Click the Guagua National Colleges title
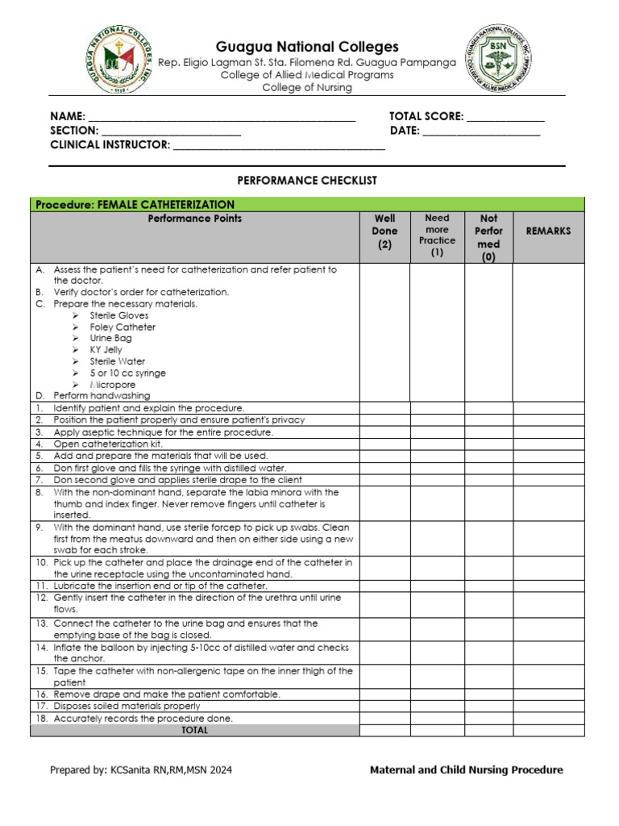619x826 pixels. (307, 47)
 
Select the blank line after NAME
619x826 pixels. (222, 117)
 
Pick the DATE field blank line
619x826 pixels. (481, 131)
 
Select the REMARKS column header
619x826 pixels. (548, 231)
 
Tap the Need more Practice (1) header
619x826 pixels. (437, 235)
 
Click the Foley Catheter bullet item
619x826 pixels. (123, 327)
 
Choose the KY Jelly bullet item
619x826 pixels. (106, 350)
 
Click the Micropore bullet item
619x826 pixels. (113, 385)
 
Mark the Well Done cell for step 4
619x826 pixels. (384, 444)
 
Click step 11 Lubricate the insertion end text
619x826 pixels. (160, 585)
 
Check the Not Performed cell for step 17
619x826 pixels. (488, 706)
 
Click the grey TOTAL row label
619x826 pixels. (194, 730)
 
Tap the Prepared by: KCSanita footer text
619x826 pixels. (141, 770)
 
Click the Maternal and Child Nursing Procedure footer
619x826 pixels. (466, 770)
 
